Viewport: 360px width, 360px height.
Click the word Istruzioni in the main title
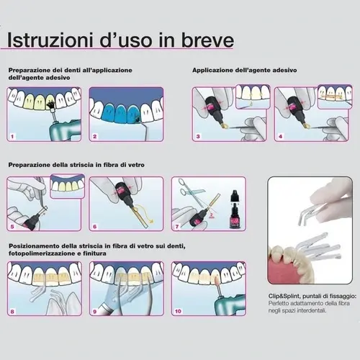[50, 40]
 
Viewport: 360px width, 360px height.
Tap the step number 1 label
[12, 137]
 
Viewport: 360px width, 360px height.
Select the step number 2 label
[94, 137]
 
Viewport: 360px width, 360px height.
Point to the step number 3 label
[198, 137]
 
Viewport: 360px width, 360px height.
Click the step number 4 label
[280, 137]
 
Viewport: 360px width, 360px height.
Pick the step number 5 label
[12, 227]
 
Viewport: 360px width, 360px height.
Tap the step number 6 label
[94, 227]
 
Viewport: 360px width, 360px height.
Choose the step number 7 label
[177, 227]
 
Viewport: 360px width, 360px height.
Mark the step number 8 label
[12, 312]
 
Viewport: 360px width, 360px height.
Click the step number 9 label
[94, 312]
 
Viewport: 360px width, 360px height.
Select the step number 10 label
[178, 311]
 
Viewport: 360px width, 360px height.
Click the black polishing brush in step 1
[50, 105]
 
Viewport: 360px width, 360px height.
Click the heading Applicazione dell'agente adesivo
[245, 71]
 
